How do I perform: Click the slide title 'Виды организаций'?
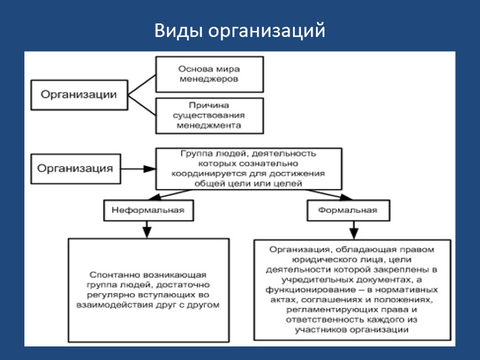point(240,31)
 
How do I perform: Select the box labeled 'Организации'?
point(79,95)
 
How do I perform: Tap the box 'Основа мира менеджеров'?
point(209,74)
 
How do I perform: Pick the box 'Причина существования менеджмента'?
point(209,115)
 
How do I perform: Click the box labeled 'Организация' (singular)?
point(75,168)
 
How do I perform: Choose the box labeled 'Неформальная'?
point(148,210)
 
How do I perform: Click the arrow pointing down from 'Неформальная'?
point(147,229)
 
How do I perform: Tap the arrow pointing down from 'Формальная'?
point(354,230)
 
